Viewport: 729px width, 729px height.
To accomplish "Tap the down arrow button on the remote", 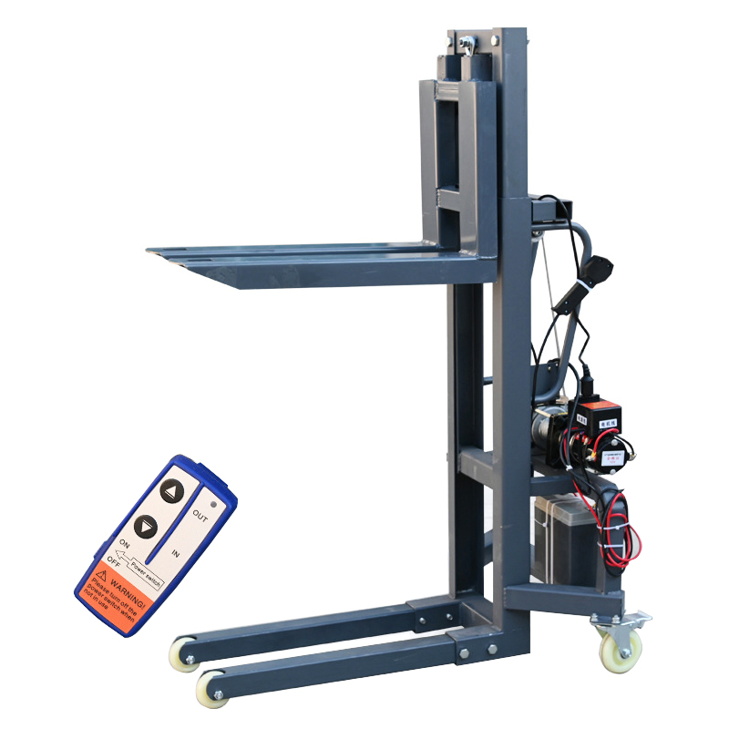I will (x=146, y=527).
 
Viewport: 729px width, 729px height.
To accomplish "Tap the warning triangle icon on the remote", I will (x=103, y=574).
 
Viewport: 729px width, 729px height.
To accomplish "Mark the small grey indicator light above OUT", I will (x=215, y=502).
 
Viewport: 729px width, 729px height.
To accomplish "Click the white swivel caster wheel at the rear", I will (x=621, y=648).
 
